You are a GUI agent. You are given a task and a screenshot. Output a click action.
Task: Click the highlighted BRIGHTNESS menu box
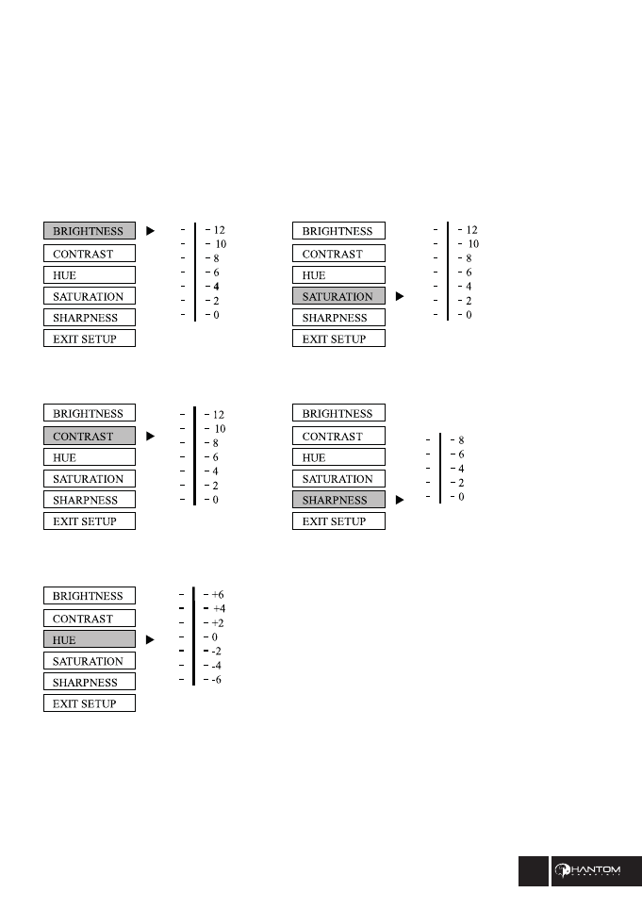(90, 231)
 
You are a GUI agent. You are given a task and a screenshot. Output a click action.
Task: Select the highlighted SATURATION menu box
(338, 296)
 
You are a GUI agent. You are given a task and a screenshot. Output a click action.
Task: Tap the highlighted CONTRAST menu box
(90, 437)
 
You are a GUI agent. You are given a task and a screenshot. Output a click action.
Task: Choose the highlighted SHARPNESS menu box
(338, 500)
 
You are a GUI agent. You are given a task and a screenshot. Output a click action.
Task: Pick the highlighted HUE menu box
(90, 640)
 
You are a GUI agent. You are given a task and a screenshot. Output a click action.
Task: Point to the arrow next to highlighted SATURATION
(399, 296)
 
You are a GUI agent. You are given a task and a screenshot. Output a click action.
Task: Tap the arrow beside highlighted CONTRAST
(149, 437)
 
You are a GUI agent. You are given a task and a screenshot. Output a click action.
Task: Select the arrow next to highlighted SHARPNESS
(399, 501)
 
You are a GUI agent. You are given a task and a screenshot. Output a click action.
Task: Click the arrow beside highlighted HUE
(149, 640)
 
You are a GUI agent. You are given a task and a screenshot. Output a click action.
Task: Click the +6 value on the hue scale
(218, 595)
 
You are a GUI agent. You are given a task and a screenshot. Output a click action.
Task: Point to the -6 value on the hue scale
(217, 680)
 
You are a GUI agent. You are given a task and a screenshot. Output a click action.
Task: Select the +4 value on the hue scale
(219, 609)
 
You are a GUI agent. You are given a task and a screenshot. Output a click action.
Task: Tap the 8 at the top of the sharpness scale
(461, 440)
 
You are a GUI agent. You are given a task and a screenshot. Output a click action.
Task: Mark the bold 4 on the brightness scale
(216, 286)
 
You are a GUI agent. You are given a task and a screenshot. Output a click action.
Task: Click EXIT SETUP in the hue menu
(90, 703)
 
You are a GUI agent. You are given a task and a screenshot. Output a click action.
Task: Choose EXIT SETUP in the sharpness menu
(338, 521)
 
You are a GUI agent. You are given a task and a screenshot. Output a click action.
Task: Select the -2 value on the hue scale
(217, 652)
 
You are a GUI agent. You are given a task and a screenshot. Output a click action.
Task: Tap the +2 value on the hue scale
(218, 623)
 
